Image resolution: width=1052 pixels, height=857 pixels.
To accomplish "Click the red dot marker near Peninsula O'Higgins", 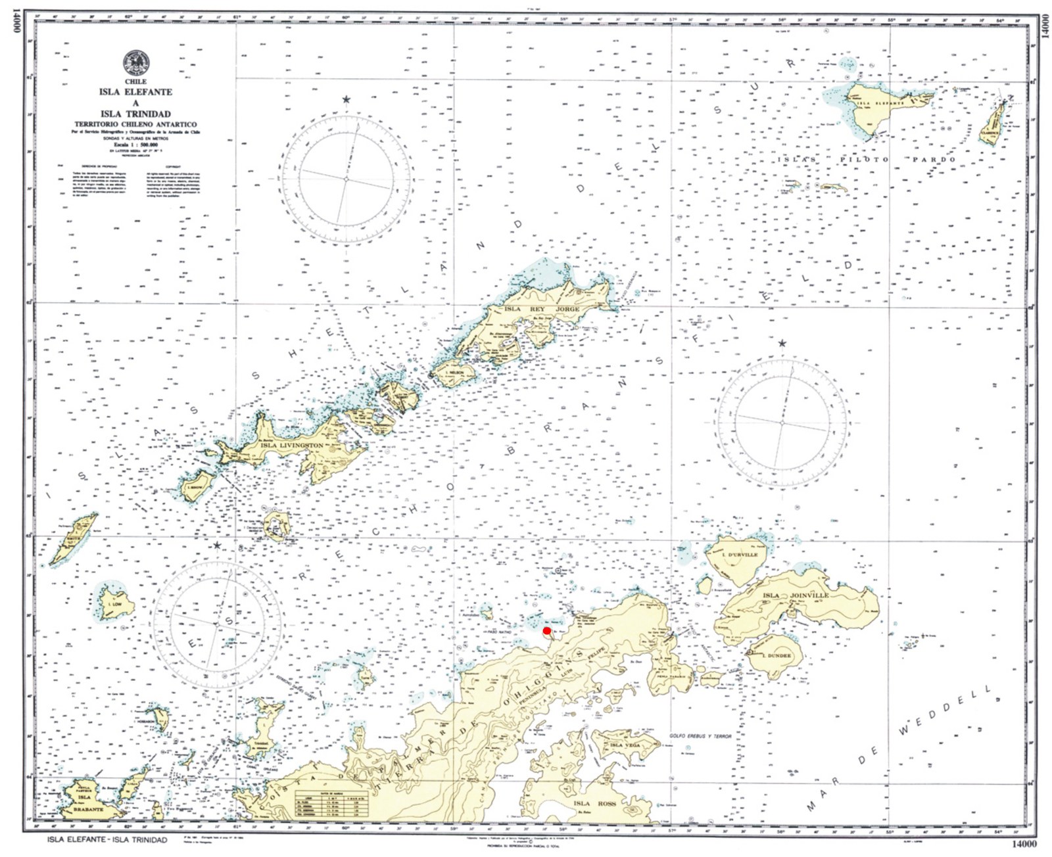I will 546,631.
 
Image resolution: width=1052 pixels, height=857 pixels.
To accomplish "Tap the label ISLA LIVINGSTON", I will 292,446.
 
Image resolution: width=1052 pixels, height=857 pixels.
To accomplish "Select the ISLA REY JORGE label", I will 542,309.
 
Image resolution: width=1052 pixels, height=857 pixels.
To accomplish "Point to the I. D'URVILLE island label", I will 740,555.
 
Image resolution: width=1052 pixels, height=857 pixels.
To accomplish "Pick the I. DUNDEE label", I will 777,656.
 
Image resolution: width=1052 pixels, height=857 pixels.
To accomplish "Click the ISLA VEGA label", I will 625,745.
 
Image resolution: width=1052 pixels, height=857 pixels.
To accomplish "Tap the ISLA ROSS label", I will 594,804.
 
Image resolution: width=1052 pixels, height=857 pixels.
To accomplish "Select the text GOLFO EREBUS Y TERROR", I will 700,736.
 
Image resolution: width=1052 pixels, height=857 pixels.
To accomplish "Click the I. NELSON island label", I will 454,373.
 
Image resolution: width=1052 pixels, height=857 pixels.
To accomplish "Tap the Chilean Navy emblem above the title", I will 135,63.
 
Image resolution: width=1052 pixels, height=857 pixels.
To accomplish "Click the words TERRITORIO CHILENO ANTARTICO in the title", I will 135,124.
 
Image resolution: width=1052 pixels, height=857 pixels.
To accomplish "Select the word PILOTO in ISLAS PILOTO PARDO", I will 864,160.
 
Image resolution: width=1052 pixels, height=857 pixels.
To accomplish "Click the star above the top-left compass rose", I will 346,100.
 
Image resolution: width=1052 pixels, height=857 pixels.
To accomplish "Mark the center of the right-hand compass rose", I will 782,423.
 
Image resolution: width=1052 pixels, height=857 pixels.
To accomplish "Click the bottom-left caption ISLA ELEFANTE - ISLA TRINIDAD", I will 108,840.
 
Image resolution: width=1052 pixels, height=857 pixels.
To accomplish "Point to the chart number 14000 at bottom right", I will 1022,844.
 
